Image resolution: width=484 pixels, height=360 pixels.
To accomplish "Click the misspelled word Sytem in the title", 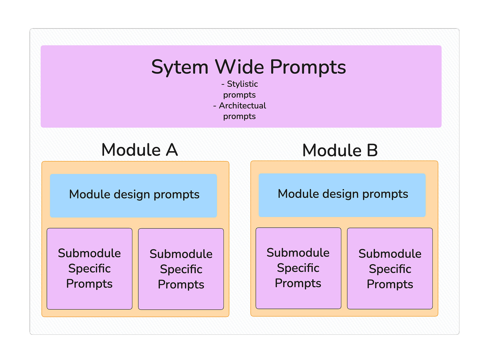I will (x=180, y=67).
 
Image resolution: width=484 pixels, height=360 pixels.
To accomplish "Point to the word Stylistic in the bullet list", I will (x=242, y=84).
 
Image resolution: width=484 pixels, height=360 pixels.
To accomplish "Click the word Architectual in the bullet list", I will (x=242, y=106).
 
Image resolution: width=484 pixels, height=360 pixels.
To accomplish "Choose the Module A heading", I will (x=140, y=150).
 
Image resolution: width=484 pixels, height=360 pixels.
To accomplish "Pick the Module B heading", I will (x=340, y=150).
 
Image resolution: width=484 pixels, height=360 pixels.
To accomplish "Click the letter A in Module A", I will (x=172, y=150).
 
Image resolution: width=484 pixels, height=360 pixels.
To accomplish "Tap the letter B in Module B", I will (x=372, y=150).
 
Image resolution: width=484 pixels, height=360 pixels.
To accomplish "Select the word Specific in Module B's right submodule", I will (x=390, y=269).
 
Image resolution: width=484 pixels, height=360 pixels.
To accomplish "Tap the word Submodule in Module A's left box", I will (x=89, y=253).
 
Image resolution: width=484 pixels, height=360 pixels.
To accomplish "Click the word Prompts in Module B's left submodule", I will (x=298, y=283).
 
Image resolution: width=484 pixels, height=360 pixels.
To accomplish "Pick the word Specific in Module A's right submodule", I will (x=181, y=269).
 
